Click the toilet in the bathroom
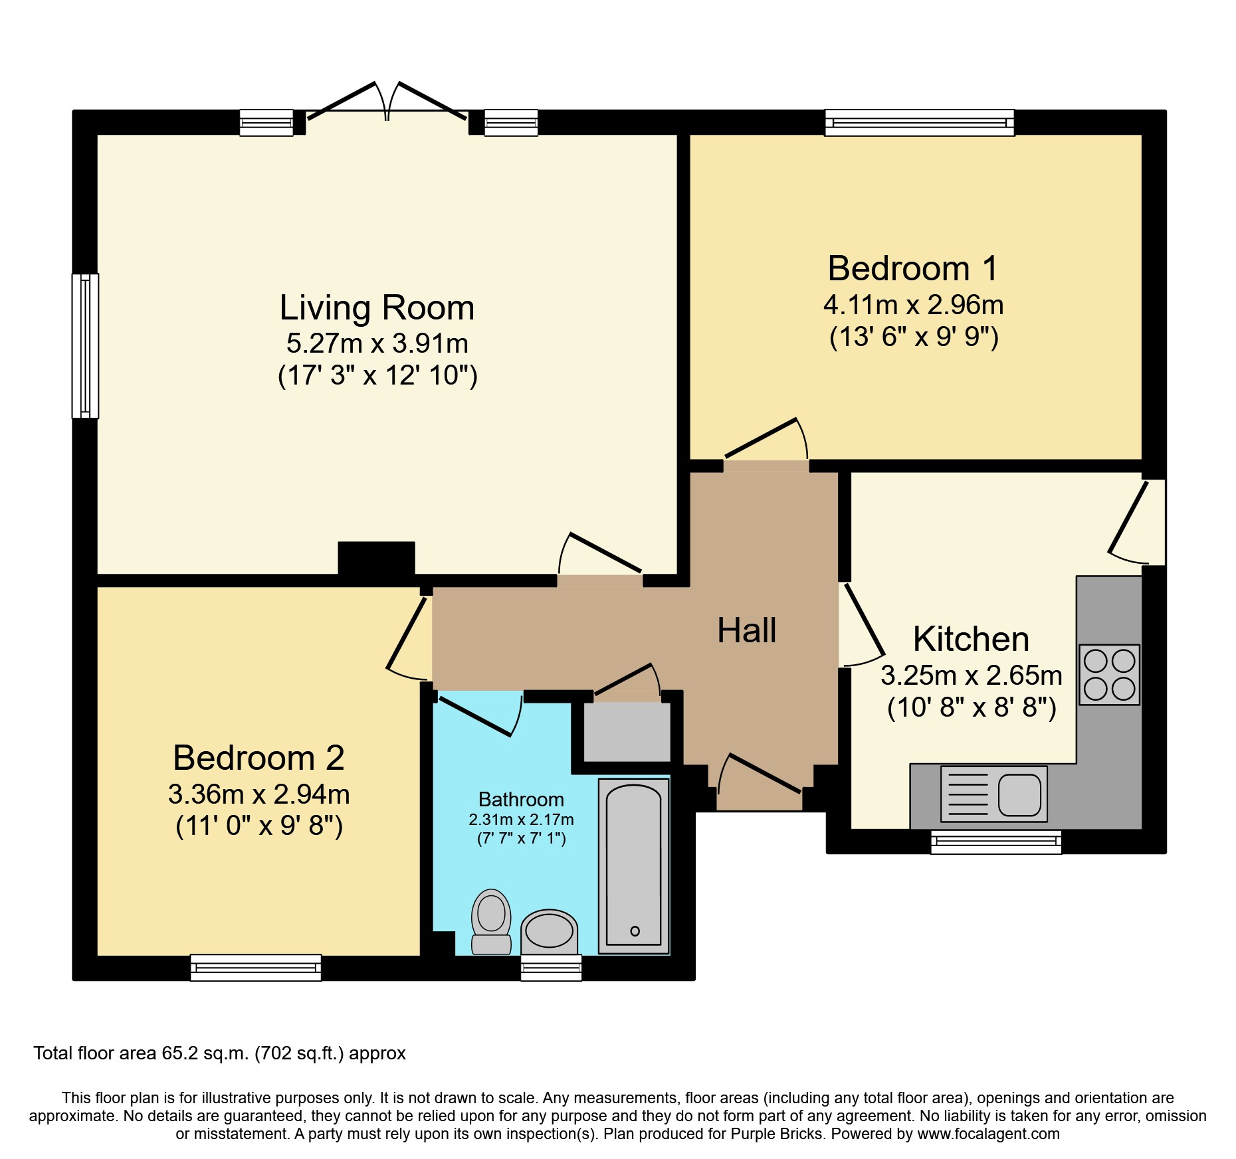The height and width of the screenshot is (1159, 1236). click(491, 921)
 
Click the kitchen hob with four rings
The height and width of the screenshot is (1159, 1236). click(1109, 675)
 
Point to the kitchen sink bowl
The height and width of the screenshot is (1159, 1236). click(1019, 794)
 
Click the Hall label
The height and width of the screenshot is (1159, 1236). click(746, 630)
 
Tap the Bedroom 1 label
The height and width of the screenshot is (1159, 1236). click(912, 269)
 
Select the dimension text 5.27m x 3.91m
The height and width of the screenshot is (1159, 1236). click(377, 343)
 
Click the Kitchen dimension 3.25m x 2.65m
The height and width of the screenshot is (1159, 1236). click(971, 675)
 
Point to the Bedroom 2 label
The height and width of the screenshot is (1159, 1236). click(258, 758)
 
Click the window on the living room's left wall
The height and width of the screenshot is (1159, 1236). click(85, 345)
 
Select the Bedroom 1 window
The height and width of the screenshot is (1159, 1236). click(919, 123)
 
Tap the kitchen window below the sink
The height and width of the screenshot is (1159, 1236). click(995, 842)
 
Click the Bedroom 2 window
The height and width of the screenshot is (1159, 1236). click(256, 968)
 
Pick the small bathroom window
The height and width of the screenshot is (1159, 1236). click(551, 968)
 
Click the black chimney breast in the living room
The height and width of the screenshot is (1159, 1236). click(376, 558)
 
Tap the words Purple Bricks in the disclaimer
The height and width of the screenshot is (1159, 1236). click(777, 1134)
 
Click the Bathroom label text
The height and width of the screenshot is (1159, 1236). click(521, 799)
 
